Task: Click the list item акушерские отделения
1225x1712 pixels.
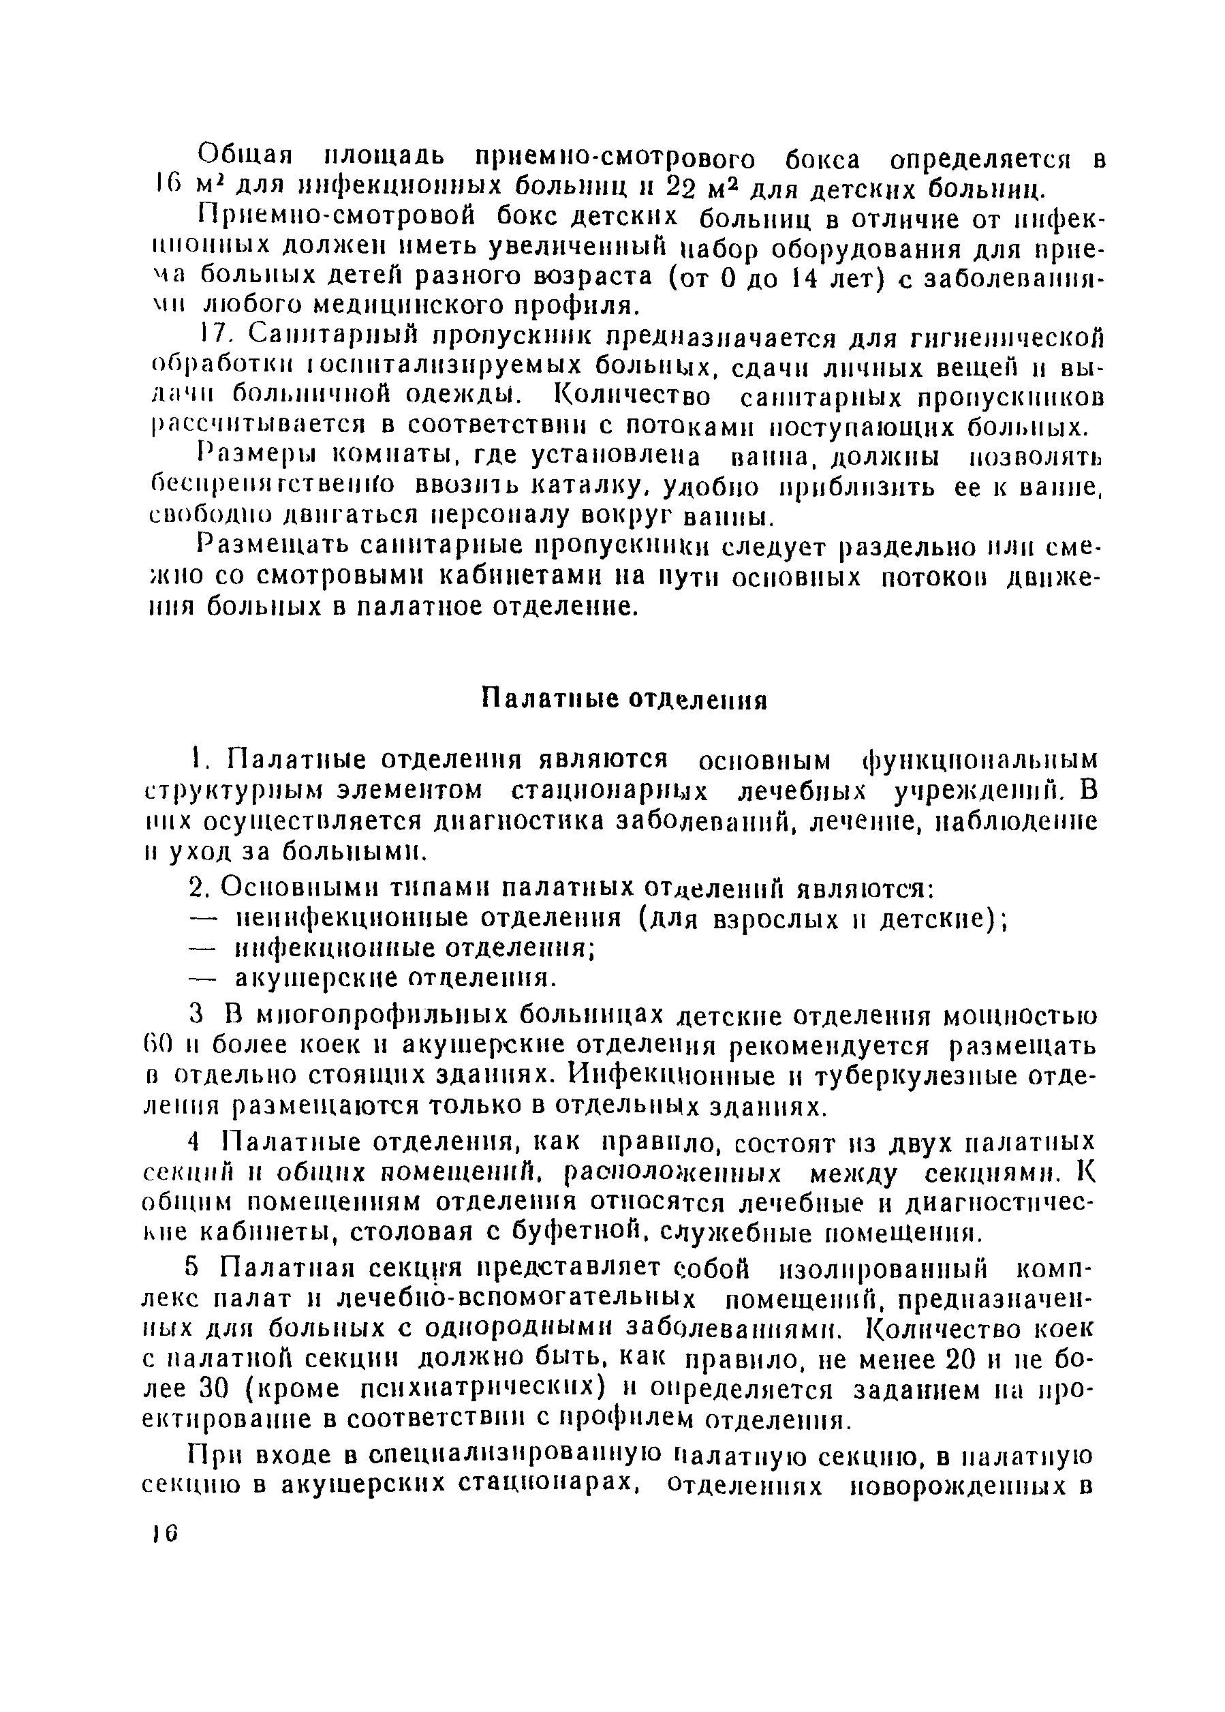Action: (x=396, y=979)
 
